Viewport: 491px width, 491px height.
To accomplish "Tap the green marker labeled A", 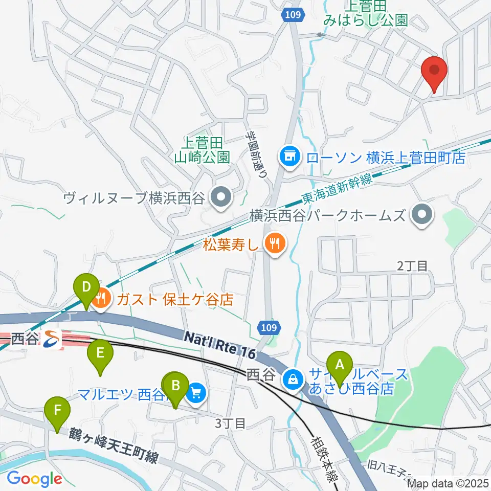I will coord(339,366).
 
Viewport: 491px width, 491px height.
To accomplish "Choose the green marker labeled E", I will coord(100,354).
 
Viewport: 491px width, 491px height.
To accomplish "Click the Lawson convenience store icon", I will coord(290,155).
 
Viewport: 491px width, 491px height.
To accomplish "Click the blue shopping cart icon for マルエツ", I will coord(196,393).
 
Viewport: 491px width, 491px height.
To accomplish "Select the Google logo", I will coord(34,479).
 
